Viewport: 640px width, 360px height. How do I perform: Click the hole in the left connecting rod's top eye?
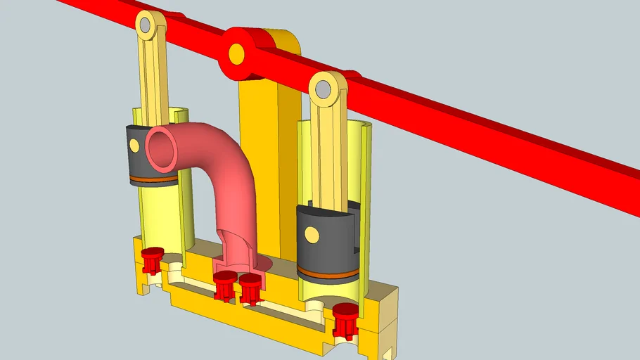145,27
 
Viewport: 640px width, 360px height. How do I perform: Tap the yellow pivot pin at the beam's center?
236,53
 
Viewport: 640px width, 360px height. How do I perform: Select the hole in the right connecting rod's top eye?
323,89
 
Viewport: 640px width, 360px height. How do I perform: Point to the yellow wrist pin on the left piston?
134,146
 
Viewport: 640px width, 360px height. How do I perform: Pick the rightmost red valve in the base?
345,319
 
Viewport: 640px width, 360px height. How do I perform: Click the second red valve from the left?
224,285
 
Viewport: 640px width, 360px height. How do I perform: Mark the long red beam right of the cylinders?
492,134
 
